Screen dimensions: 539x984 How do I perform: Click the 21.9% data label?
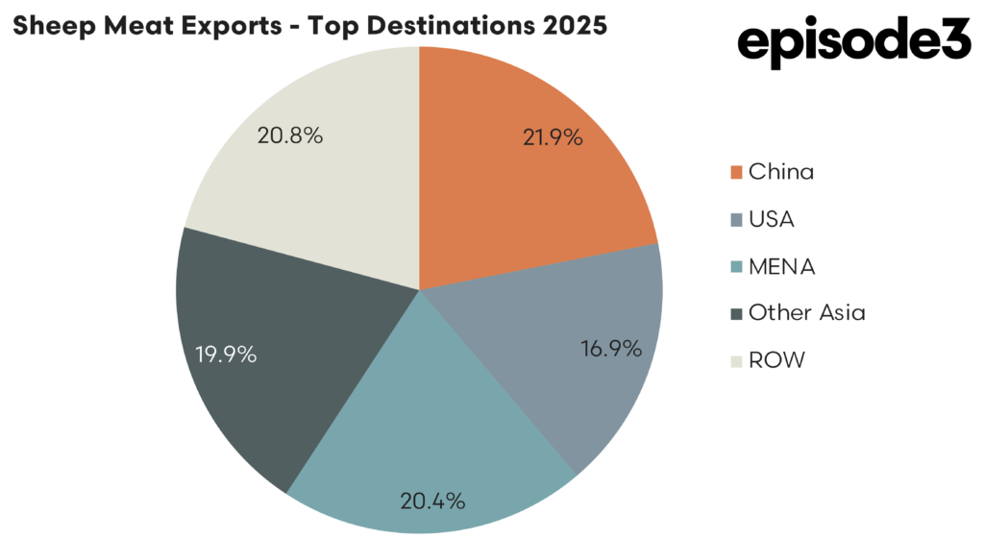[x=553, y=137]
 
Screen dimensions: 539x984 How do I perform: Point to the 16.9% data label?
[x=612, y=349]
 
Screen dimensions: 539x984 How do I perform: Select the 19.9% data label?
[x=226, y=355]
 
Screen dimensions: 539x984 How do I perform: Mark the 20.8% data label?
[x=289, y=135]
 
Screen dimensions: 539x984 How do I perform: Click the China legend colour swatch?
[x=736, y=173]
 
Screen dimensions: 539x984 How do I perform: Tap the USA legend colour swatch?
[x=736, y=220]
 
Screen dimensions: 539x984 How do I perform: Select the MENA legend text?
[x=781, y=266]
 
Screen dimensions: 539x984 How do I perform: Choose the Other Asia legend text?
[x=806, y=312]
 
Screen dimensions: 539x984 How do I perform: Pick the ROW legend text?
[x=776, y=360]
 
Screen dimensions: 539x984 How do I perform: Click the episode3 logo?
[x=854, y=43]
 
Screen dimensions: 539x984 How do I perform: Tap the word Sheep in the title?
[x=45, y=26]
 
